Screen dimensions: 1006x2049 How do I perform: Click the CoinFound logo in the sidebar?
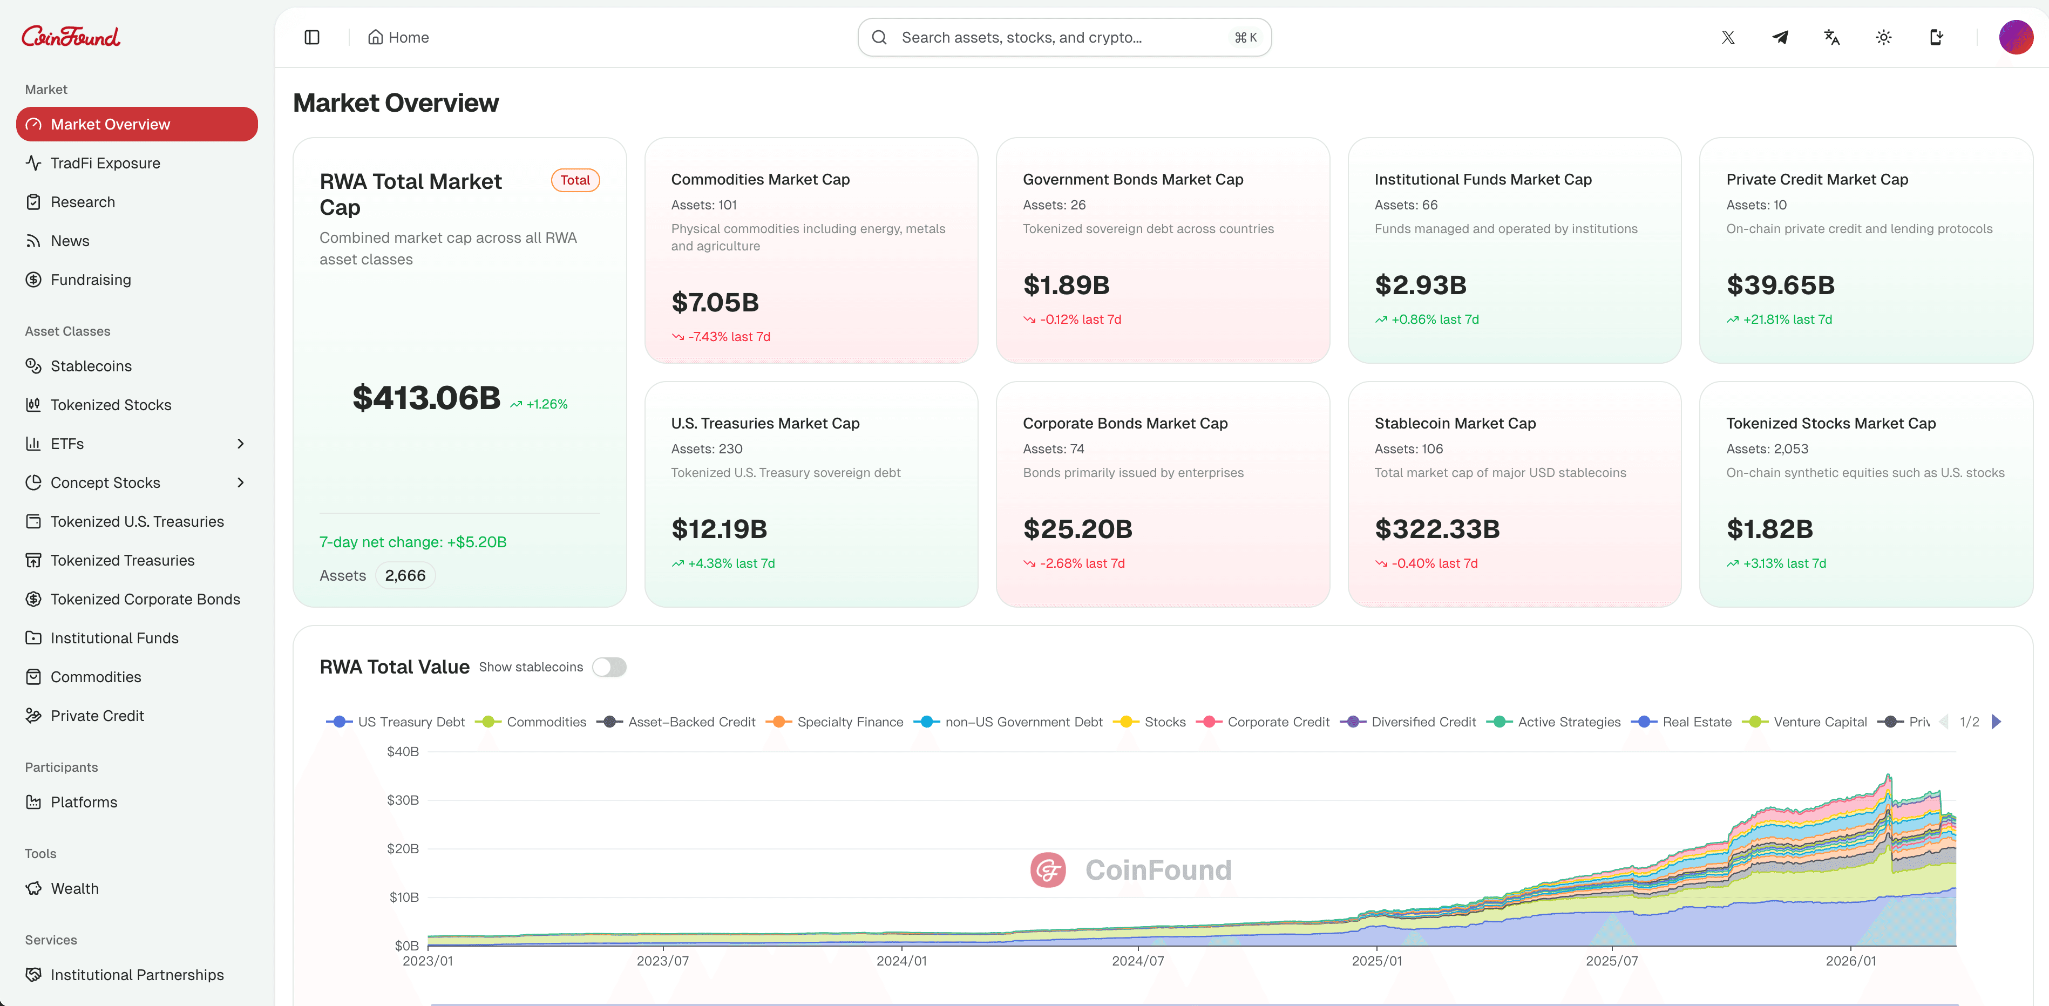(x=71, y=37)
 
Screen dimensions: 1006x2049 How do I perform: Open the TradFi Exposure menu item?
(x=105, y=163)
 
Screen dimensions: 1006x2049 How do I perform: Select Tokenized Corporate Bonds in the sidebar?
(x=145, y=600)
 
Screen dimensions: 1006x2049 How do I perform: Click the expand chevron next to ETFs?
(x=240, y=444)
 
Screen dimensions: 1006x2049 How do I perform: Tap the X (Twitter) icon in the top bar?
(x=1728, y=37)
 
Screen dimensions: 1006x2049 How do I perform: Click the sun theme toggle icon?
(x=1883, y=37)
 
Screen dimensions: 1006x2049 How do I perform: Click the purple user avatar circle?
(x=2016, y=37)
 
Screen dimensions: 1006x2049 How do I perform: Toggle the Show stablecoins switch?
(x=609, y=667)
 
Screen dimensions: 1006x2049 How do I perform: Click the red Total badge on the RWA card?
(x=575, y=180)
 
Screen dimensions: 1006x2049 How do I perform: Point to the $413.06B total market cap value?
(x=426, y=398)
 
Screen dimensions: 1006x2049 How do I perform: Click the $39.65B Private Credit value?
(x=1780, y=286)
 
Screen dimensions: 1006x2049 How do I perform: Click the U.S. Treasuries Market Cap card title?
(x=765, y=424)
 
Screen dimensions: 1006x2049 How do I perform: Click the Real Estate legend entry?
(x=1696, y=722)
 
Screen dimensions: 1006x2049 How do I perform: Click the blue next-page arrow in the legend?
(x=1996, y=722)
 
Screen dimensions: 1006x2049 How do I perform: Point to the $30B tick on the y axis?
(x=403, y=800)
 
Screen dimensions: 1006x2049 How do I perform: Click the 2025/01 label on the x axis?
(x=1377, y=961)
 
